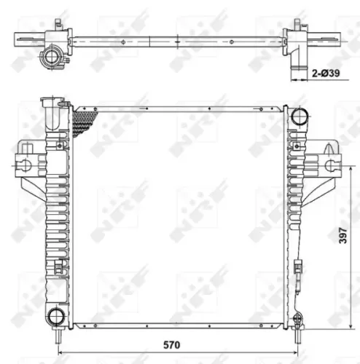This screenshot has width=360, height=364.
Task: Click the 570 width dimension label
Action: click(173, 344)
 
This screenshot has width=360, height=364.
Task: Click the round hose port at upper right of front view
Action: click(298, 117)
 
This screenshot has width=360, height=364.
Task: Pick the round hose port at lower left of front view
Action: click(55, 315)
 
